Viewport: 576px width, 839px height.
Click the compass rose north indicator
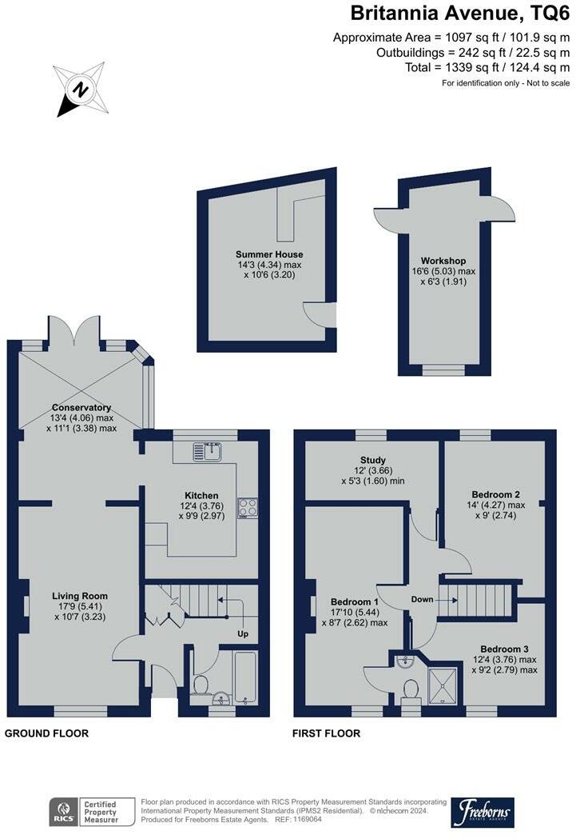coord(81,90)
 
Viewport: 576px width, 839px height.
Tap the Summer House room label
coord(269,254)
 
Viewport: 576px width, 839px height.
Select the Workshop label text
coord(443,261)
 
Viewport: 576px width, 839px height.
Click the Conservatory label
coord(81,408)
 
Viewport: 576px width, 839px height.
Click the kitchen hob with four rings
coord(248,507)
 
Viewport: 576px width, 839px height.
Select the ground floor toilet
coord(200,685)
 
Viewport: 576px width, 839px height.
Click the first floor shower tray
coord(443,685)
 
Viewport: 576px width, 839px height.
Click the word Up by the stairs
coord(243,634)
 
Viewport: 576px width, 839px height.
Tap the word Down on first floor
coord(422,599)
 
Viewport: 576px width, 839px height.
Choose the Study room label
coord(373,460)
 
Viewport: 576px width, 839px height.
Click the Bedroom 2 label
coord(496,494)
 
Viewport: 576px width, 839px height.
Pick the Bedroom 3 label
coord(504,649)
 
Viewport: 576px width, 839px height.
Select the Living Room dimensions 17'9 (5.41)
coord(80,606)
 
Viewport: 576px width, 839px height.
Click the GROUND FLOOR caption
coord(46,733)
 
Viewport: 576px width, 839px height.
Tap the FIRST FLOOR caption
coord(326,733)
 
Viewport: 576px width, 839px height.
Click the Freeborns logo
coord(483,813)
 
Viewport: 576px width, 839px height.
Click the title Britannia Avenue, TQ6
coord(460,14)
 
